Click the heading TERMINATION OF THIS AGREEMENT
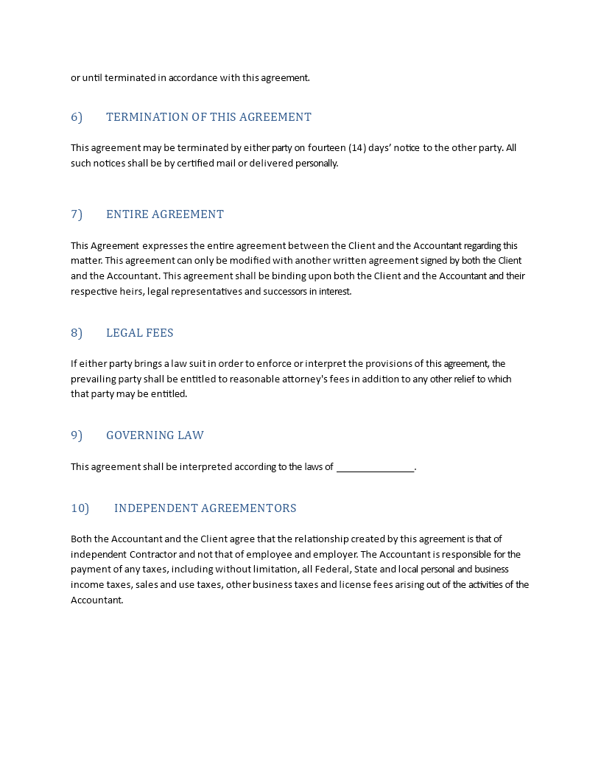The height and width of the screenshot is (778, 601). click(x=208, y=117)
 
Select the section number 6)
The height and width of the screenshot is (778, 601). click(x=77, y=117)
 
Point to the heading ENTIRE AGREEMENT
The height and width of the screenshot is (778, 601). click(x=165, y=214)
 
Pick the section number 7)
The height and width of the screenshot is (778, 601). click(x=77, y=214)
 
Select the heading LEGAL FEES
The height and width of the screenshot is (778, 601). click(x=140, y=333)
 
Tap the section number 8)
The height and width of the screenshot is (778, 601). click(x=77, y=333)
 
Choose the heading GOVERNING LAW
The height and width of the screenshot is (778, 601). click(x=155, y=435)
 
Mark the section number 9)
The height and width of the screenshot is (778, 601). click(x=77, y=435)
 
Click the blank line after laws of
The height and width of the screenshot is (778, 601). click(x=376, y=468)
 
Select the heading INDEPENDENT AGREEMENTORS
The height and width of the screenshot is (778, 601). click(x=205, y=508)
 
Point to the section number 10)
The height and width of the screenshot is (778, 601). click(x=80, y=508)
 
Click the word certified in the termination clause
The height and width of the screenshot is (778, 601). click(x=195, y=164)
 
